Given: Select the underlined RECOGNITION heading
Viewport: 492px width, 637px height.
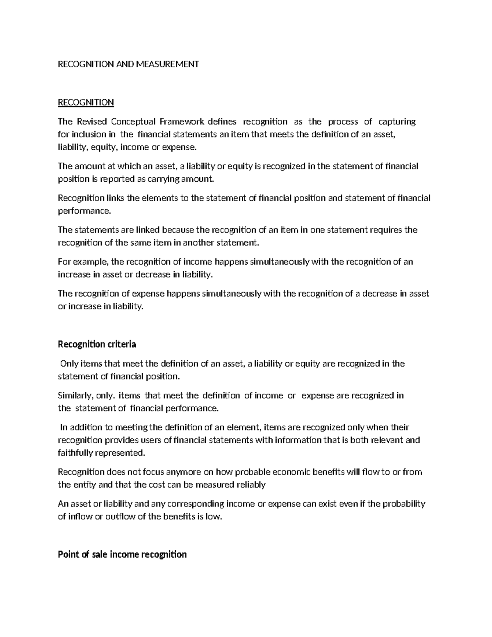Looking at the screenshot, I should coord(86,102).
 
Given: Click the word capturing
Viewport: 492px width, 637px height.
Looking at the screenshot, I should coord(397,121).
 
